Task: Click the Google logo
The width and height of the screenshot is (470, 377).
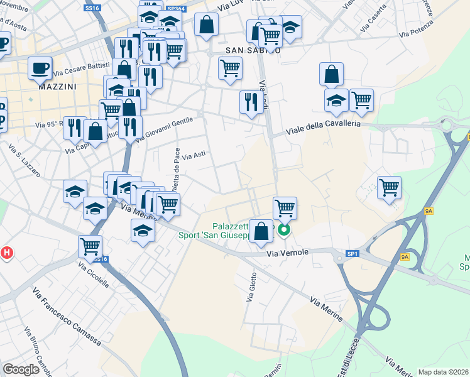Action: pos(21,369)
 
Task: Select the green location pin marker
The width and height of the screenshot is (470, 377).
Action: pos(284,231)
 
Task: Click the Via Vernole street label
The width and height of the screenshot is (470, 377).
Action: pos(288,253)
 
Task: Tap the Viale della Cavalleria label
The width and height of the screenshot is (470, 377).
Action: pos(324,128)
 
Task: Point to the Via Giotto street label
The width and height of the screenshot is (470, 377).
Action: pos(253,287)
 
